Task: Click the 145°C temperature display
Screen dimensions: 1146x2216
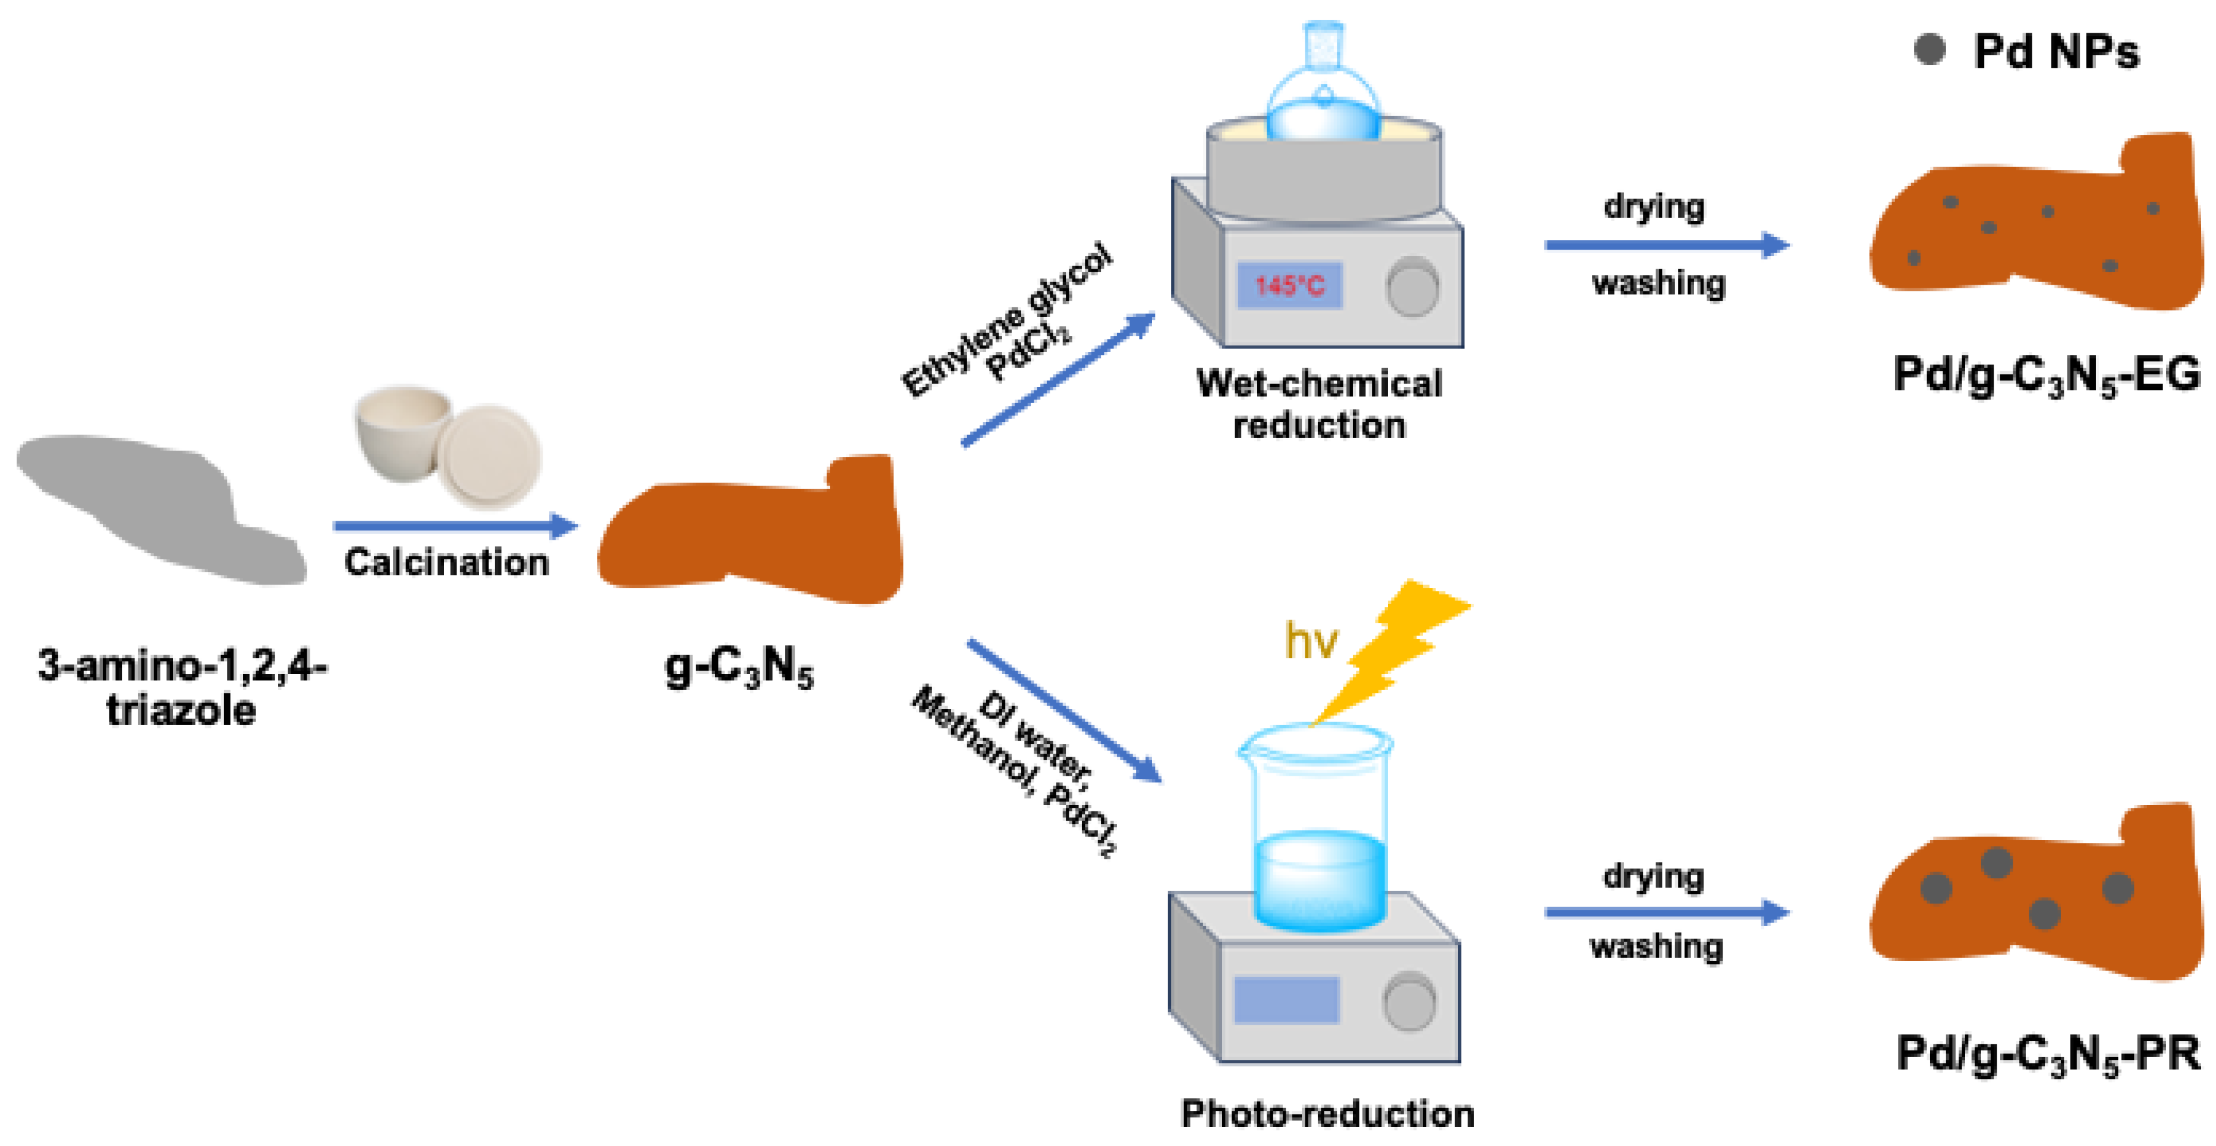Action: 1289,285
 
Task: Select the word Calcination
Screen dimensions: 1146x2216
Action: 446,563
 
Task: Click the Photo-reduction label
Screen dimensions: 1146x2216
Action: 1327,1113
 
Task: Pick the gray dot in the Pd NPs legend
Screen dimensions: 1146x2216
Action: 1929,50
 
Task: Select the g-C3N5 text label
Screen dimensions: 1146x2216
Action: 739,667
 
